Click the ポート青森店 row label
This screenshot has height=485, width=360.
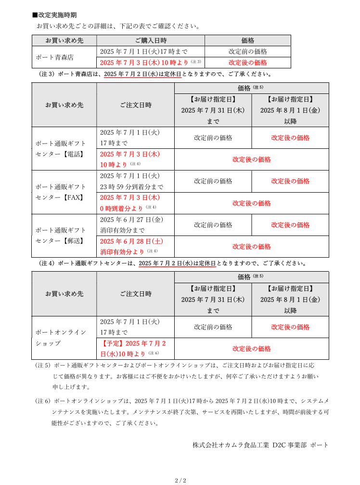click(55, 57)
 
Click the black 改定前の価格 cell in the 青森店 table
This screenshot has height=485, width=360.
click(247, 52)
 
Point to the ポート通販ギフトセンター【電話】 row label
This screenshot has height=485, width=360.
click(61, 149)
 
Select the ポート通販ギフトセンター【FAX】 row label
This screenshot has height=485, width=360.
click(61, 192)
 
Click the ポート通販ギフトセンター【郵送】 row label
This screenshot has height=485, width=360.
click(61, 236)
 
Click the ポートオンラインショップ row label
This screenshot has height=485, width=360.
click(61, 338)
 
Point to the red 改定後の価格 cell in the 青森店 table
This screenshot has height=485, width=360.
click(247, 63)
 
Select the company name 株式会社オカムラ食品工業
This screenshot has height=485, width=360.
click(231, 445)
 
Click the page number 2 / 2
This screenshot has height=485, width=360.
click(180, 480)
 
